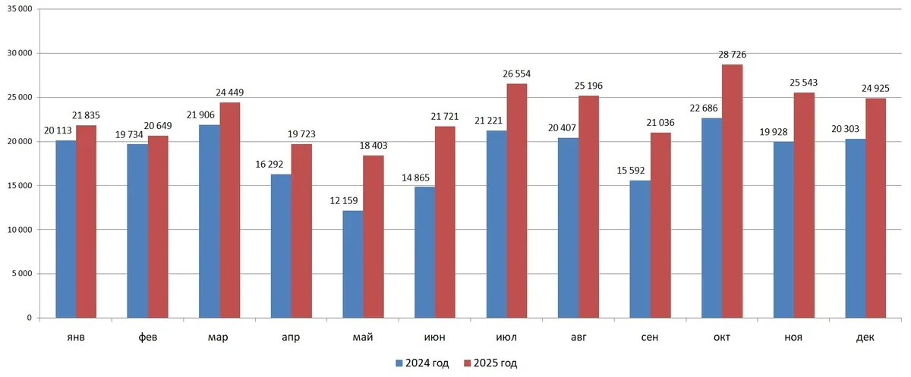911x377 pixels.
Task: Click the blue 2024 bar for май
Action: point(352,264)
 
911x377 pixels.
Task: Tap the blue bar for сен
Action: point(640,249)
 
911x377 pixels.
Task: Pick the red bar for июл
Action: point(517,200)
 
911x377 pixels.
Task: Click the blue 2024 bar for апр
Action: point(281,246)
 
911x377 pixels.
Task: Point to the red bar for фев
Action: point(158,227)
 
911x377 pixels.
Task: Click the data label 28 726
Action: point(731,55)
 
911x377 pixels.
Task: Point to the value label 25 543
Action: point(804,83)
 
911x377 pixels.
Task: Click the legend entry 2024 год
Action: point(423,363)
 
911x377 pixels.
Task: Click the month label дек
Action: point(865,338)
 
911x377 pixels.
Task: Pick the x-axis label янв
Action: point(76,338)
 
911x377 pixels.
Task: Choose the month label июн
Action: point(434,338)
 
